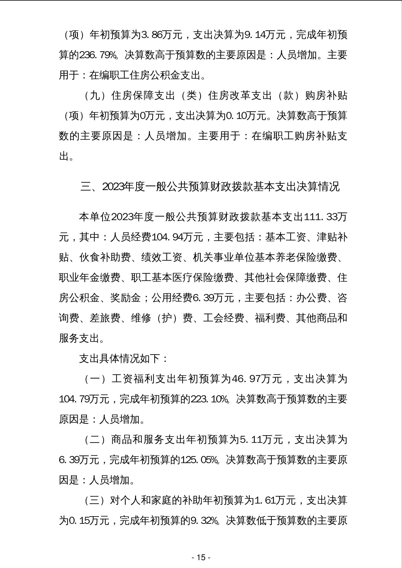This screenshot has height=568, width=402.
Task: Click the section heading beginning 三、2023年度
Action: (x=210, y=187)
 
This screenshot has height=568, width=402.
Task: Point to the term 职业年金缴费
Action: (x=89, y=278)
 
